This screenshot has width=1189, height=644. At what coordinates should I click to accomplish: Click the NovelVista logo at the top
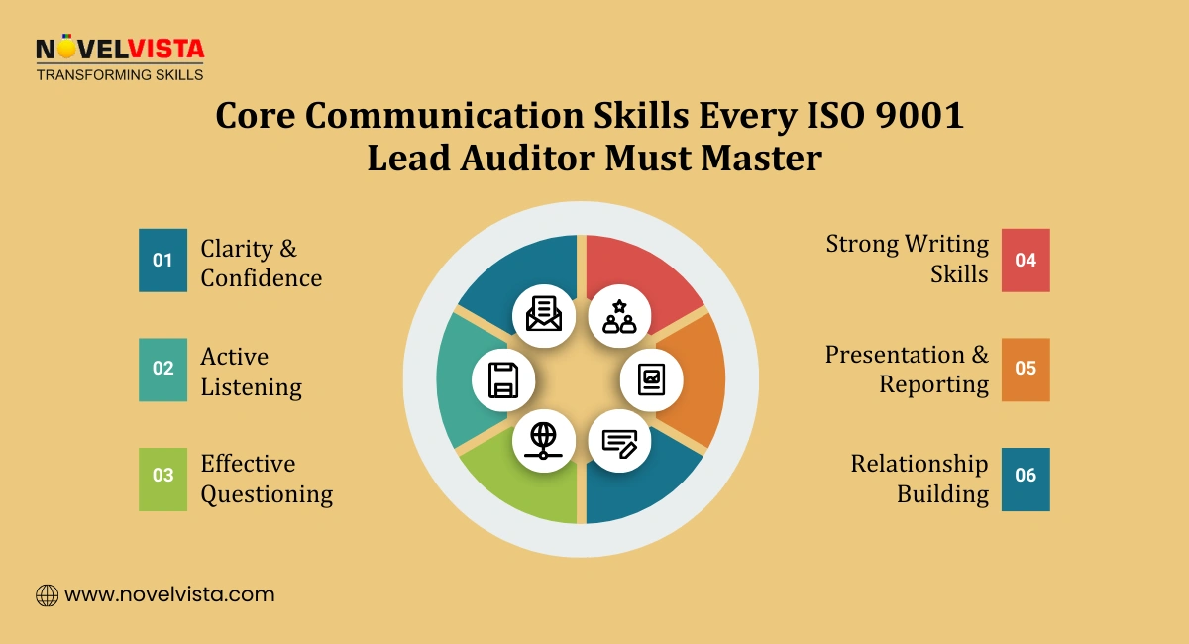(x=119, y=57)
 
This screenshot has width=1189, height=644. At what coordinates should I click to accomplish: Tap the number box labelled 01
(x=162, y=261)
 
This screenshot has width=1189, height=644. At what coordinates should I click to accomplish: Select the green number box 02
(x=162, y=369)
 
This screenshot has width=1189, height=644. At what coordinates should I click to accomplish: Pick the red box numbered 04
(x=1026, y=261)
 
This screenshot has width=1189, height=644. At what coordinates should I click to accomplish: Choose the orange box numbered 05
(x=1026, y=369)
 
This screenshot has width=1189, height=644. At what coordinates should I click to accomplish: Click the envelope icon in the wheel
(x=544, y=314)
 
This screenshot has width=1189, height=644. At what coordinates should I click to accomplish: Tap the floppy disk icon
(x=502, y=378)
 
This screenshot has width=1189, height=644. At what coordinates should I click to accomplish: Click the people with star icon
(x=619, y=315)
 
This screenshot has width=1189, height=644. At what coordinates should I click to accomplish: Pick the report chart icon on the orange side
(x=651, y=378)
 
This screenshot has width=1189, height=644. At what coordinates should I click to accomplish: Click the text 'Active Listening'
(x=251, y=372)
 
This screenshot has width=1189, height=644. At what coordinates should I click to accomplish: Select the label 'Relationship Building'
(x=919, y=479)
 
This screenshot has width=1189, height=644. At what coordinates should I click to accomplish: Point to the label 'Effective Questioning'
(x=267, y=479)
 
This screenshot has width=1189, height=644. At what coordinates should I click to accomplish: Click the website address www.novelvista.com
(x=169, y=594)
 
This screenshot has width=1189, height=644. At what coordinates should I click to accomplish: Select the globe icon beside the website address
(x=47, y=595)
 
